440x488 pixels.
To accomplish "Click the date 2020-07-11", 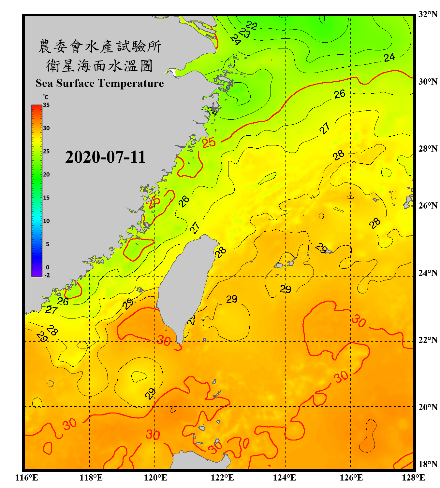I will tap(105, 157).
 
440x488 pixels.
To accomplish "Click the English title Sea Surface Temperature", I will tap(100, 83).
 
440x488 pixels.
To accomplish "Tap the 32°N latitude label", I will tap(428, 14).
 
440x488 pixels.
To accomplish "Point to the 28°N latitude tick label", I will tap(428, 149).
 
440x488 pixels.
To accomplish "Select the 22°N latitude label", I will tap(428, 340).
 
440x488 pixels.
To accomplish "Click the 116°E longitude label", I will tap(27, 478).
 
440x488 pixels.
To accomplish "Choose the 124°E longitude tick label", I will tap(285, 478).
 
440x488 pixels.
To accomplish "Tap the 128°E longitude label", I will tap(413, 478).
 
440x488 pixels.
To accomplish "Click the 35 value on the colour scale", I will tap(46, 105).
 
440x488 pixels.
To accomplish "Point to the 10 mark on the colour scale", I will tap(46, 221).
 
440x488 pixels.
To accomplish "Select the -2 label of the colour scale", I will tap(47, 275).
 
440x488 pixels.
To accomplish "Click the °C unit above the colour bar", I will tap(46, 97).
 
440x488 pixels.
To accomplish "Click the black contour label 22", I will tap(252, 25).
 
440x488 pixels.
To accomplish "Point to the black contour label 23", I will tap(244, 32).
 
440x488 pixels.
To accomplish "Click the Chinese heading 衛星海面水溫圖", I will tap(99, 66).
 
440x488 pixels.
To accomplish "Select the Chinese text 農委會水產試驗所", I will tap(100, 47).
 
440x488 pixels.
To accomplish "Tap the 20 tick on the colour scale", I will tap(46, 175).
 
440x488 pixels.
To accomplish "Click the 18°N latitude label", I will tap(428, 464).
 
